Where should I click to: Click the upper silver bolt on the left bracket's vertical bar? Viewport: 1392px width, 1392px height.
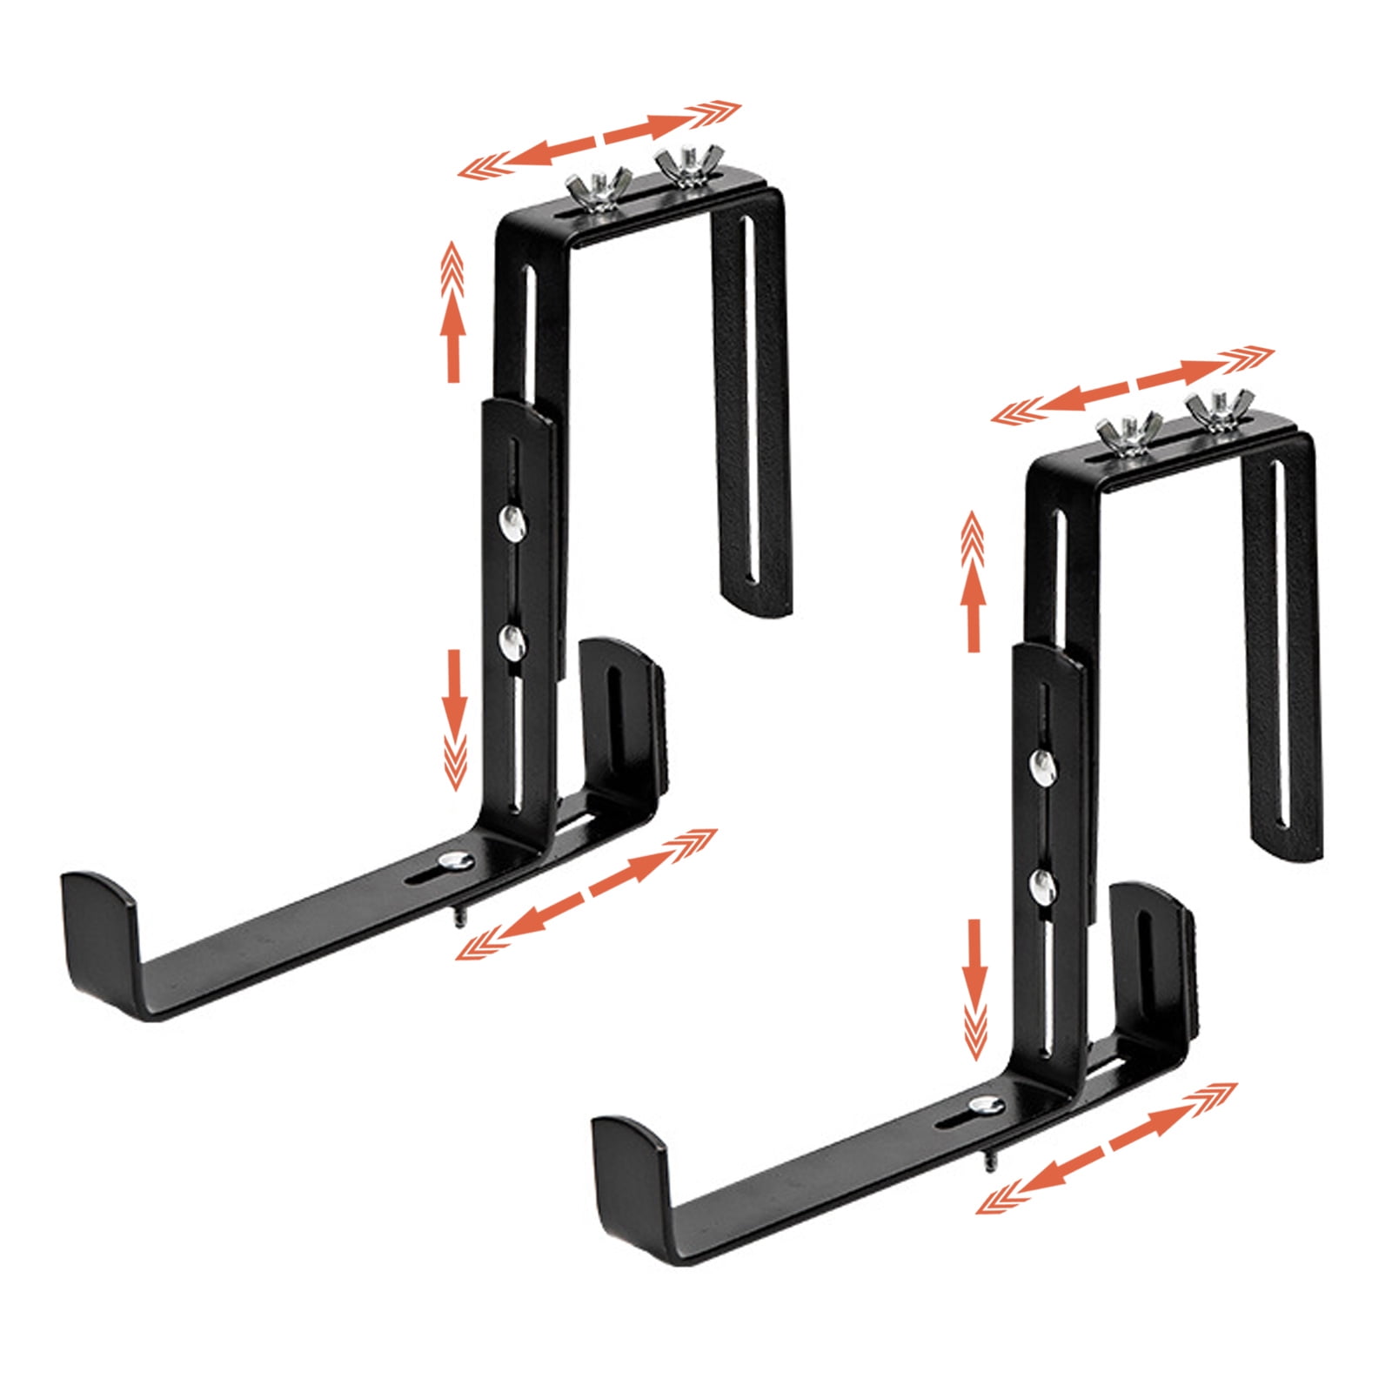[x=512, y=522]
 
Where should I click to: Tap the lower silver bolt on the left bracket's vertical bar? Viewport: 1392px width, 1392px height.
[x=512, y=642]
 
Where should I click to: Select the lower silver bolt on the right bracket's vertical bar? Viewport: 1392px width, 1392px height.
[x=1042, y=886]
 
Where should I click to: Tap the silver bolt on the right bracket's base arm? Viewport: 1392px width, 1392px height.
[x=984, y=1106]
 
